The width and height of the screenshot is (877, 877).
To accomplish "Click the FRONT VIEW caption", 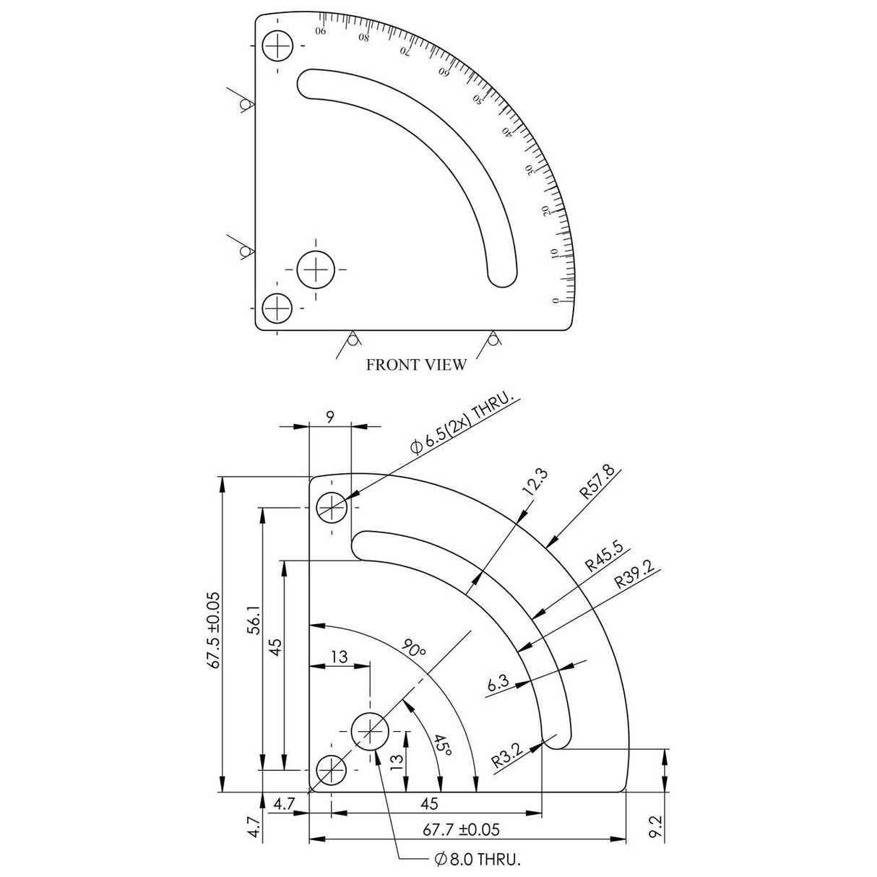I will coord(416,365).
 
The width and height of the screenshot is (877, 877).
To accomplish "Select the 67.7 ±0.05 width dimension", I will coord(462,830).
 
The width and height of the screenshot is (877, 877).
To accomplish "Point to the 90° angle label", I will coord(415,648).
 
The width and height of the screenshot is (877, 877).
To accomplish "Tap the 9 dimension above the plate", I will coord(330,417).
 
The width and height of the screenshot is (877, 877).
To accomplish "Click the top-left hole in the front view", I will coord(277,47).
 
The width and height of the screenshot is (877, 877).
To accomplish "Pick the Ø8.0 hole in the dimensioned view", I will coord(370,732).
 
